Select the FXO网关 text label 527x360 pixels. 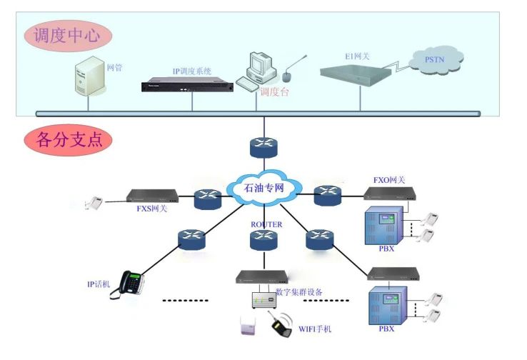[x=389, y=180]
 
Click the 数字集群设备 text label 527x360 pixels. [x=299, y=291]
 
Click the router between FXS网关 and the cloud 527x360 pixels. [x=209, y=199]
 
